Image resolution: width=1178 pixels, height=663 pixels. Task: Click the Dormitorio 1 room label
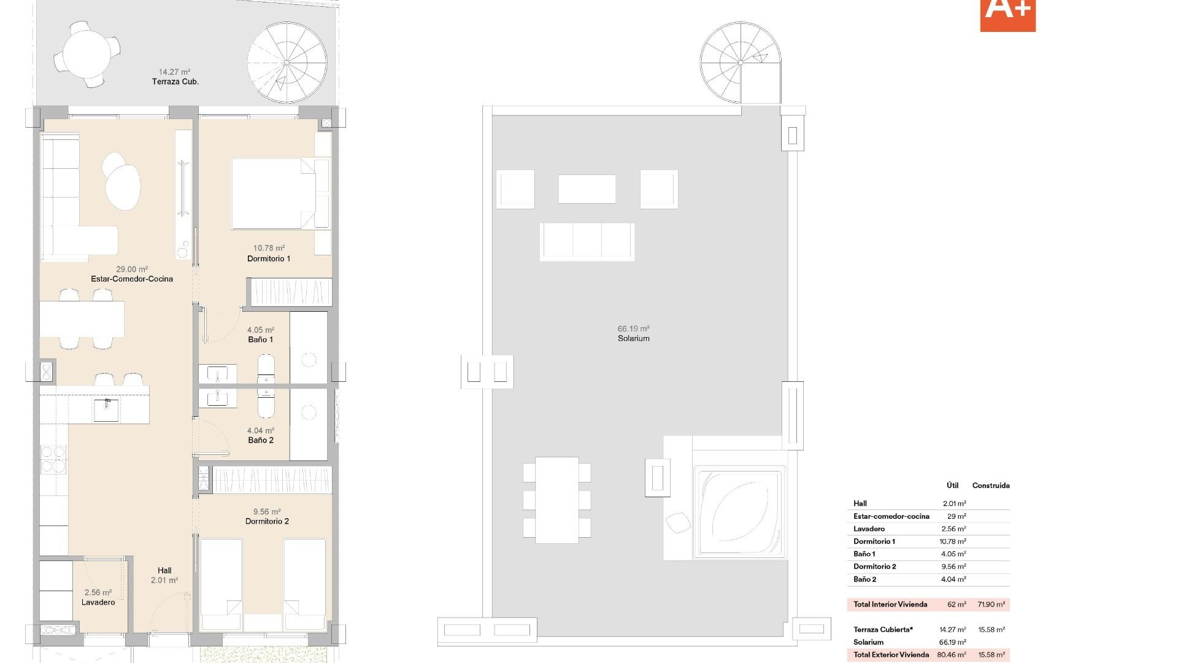coord(269,258)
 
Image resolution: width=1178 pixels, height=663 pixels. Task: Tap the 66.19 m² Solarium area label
coord(633,334)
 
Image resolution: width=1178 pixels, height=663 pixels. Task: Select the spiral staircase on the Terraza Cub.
coord(287,63)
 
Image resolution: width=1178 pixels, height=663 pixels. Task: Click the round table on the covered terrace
coord(87,53)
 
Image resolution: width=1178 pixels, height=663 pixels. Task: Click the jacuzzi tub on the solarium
coord(739,513)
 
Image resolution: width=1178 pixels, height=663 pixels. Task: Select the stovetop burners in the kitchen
coord(53,459)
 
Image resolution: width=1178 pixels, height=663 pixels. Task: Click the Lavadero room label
coord(98,602)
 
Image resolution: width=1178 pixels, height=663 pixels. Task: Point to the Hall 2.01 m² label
coord(164,575)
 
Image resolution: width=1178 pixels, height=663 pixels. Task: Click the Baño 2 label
coord(261,440)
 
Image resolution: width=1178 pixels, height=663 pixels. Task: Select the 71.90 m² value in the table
coord(991,605)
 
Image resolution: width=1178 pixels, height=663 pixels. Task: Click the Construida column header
coord(990,486)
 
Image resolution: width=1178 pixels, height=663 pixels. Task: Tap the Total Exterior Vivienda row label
coord(891,655)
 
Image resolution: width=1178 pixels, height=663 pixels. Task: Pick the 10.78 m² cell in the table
coord(952,541)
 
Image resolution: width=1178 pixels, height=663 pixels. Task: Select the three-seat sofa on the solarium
coord(587,241)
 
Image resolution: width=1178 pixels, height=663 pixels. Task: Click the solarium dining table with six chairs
coord(556,500)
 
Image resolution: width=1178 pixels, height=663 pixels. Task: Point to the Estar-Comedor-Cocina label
coord(132,279)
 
